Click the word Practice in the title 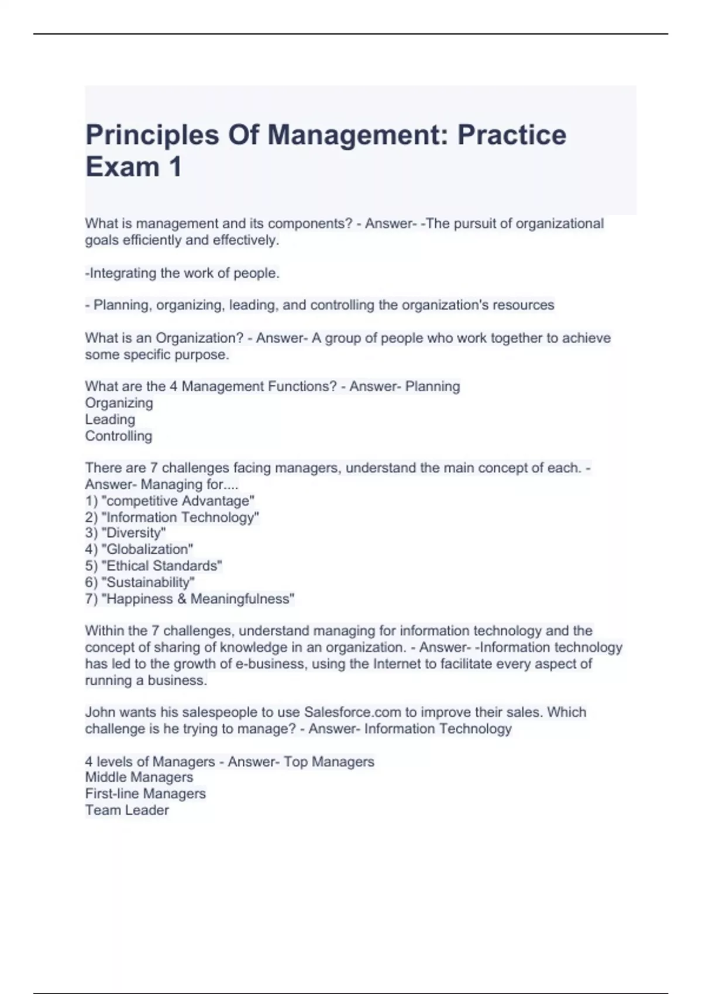click(511, 135)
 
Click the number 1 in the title click(175, 167)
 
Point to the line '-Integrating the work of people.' click(182, 273)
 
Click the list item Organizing click(119, 403)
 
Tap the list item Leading click(110, 419)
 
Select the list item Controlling click(118, 436)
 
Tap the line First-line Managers click(145, 793)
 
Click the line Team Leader click(127, 810)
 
